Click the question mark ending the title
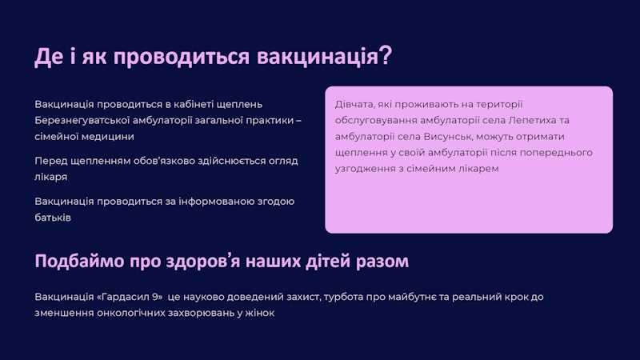[385, 56]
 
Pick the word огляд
[279, 161]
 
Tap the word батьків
[53, 218]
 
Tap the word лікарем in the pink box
[478, 169]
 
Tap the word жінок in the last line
[258, 313]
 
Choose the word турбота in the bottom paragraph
[345, 297]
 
